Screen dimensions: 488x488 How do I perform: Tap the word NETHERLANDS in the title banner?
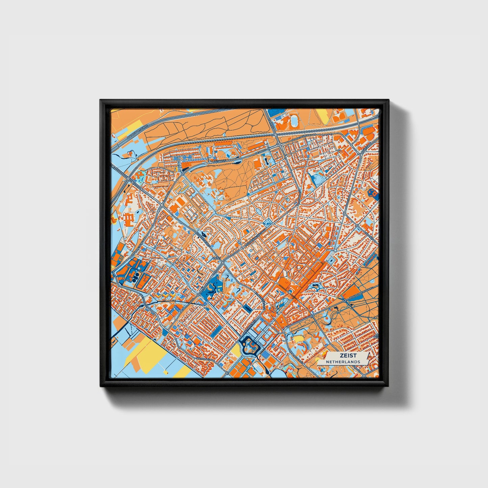click(343, 362)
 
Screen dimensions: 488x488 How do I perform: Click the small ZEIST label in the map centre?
click(216, 258)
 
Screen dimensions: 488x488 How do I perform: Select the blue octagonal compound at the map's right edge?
click(373, 194)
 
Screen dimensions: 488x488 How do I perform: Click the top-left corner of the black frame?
click(100, 100)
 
